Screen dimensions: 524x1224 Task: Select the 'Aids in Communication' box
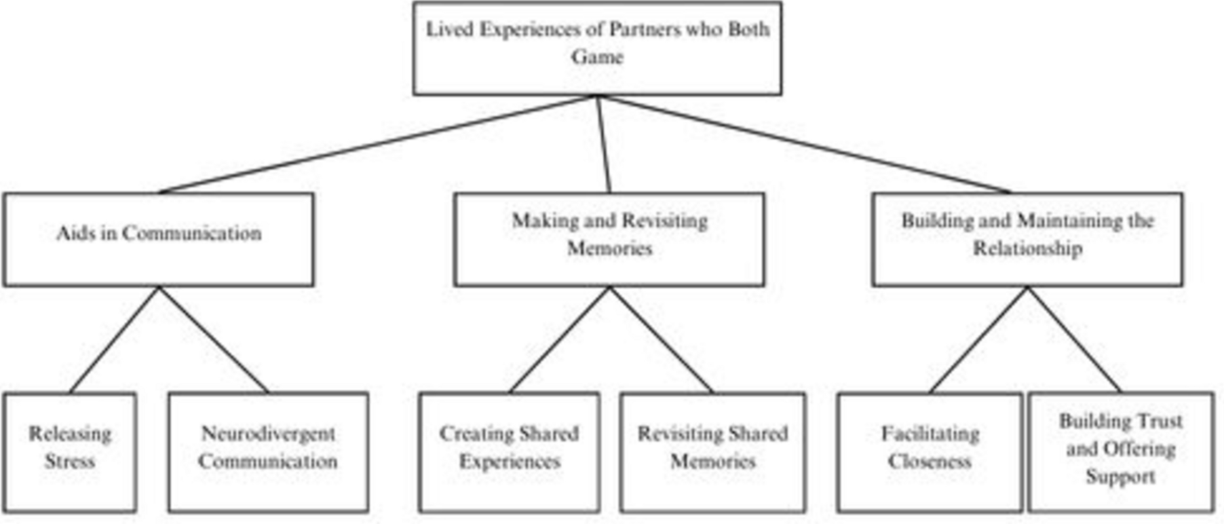pyautogui.click(x=158, y=239)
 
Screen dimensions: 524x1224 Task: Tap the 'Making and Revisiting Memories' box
pyautogui.click(x=609, y=239)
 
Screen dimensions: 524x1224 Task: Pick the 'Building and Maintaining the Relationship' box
pyautogui.click(x=1027, y=239)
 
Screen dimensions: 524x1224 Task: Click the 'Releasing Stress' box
pyautogui.click(x=69, y=452)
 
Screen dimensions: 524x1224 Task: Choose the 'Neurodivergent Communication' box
pyautogui.click(x=268, y=452)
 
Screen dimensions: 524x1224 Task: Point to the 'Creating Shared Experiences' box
pyautogui.click(x=509, y=452)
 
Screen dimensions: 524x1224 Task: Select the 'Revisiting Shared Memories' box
pyautogui.click(x=712, y=452)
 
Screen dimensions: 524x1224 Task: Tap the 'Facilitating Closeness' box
pyautogui.click(x=929, y=452)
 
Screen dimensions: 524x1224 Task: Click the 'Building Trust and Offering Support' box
pyautogui.click(x=1120, y=452)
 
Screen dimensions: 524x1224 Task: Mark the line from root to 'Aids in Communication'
pyautogui.click(x=377, y=144)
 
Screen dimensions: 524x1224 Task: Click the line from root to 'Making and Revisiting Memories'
pyautogui.click(x=603, y=144)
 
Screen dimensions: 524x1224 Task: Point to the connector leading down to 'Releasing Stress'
pyautogui.click(x=114, y=339)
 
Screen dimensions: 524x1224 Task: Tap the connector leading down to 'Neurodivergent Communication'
pyautogui.click(x=214, y=339)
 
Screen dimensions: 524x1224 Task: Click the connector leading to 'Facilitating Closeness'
pyautogui.click(x=978, y=339)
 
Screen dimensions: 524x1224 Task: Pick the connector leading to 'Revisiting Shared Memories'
pyautogui.click(x=660, y=339)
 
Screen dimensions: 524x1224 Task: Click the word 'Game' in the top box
pyautogui.click(x=596, y=57)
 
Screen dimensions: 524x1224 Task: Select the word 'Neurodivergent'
pyautogui.click(x=268, y=434)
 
